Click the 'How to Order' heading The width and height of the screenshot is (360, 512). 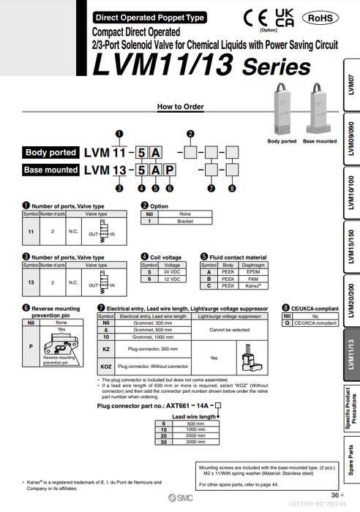point(180,106)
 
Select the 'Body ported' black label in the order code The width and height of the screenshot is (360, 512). point(50,153)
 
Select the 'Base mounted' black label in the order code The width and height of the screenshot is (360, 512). point(50,170)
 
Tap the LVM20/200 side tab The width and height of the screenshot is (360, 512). point(350,299)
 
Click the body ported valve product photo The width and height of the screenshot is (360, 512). point(282,110)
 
